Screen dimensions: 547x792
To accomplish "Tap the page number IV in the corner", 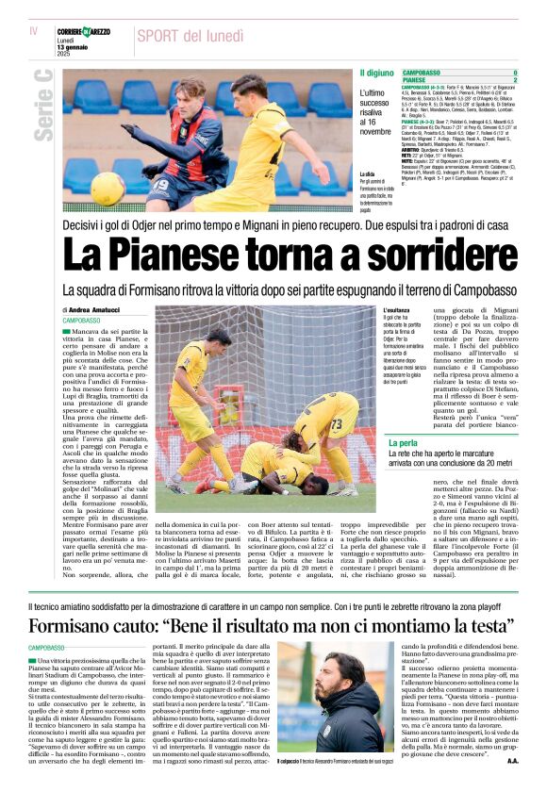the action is (x=35, y=31).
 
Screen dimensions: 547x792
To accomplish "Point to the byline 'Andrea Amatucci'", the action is (x=96, y=309).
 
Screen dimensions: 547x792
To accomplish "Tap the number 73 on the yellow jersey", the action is (x=336, y=422).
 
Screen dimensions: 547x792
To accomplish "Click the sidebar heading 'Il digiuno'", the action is (x=376, y=73).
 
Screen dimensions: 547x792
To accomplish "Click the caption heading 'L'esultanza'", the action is (x=400, y=310).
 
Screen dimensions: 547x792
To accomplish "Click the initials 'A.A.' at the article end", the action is (x=512, y=760).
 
